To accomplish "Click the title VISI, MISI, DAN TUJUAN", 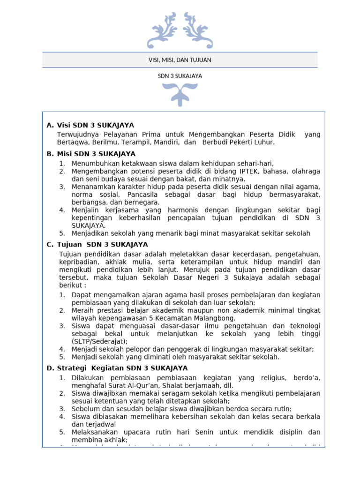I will pos(180,60).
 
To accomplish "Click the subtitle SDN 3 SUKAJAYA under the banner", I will pos(180,76).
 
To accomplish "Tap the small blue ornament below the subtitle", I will pos(180,94).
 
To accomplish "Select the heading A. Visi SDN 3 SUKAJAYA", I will pos(90,125).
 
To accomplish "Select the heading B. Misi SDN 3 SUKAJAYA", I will pos(91,154).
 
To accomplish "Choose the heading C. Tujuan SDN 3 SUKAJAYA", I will pos(97,245).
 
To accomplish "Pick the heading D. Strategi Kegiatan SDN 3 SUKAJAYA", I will pos(117,368).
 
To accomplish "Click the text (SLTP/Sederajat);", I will pos(99,341).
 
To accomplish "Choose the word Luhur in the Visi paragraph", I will pos(264,142).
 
